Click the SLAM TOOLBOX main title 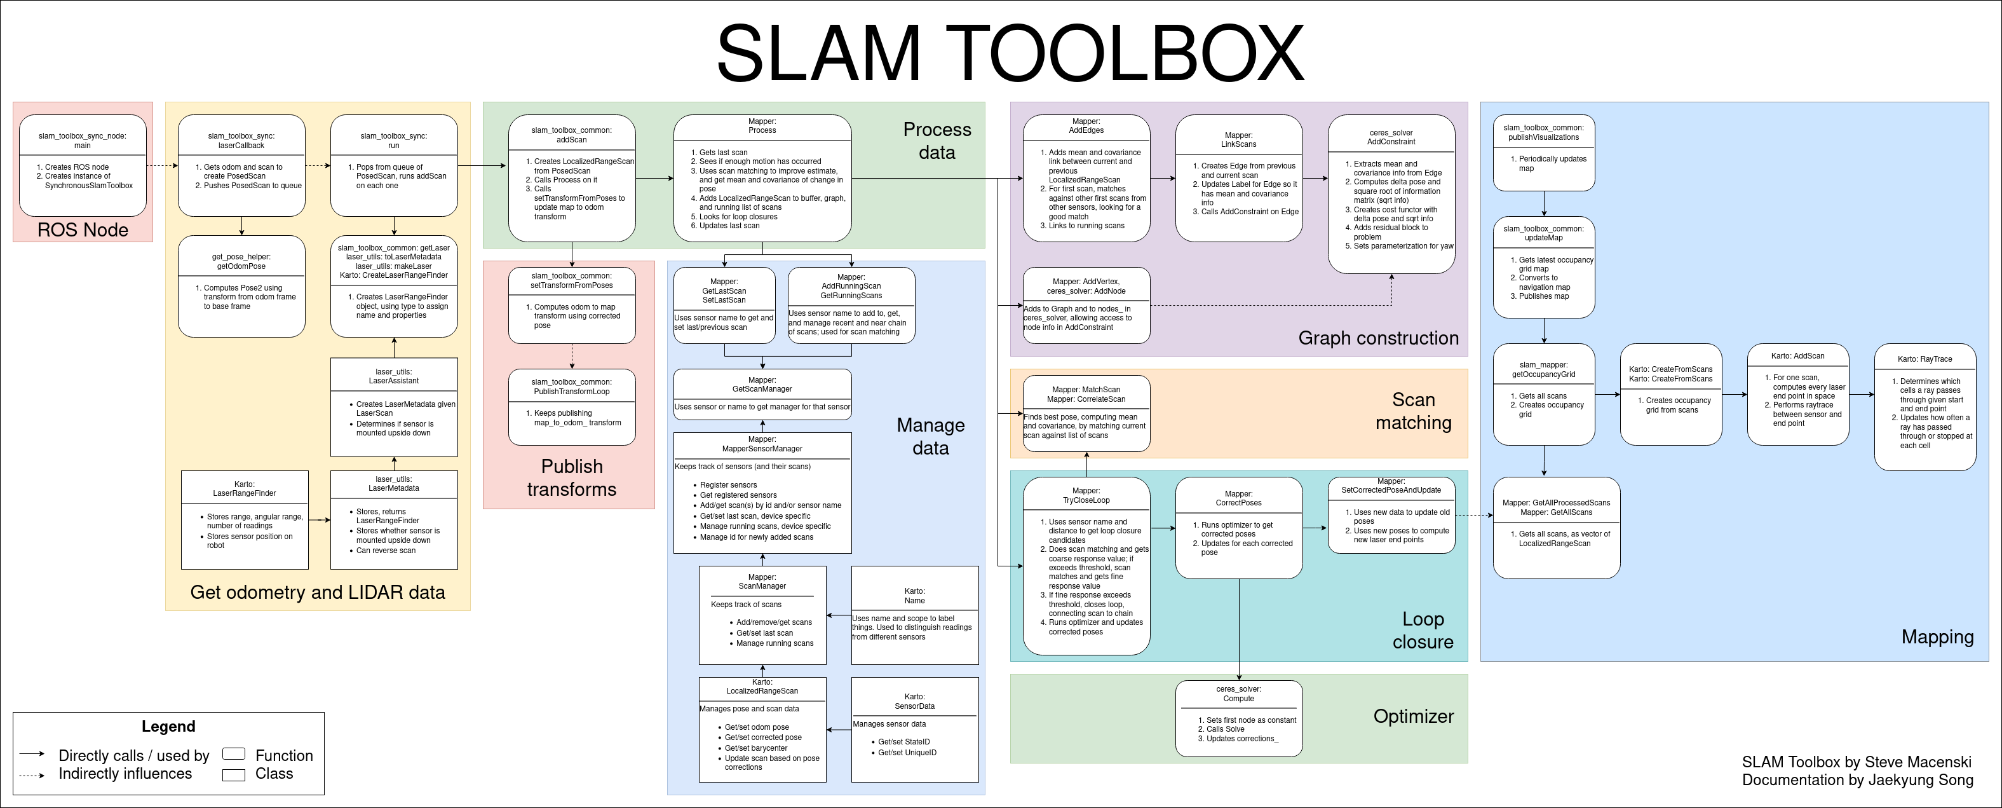point(1010,53)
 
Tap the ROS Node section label point(83,230)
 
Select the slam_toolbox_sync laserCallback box point(241,166)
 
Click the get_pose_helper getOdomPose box point(241,286)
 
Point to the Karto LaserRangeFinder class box point(244,519)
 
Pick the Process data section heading point(937,140)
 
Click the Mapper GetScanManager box point(762,394)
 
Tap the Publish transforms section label point(571,477)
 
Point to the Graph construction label point(1378,338)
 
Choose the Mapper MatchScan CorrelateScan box point(1086,413)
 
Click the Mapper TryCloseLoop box point(1086,565)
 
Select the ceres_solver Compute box point(1238,718)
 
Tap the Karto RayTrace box point(1924,407)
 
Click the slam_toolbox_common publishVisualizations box point(1543,153)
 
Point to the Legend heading point(168,727)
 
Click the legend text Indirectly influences point(125,774)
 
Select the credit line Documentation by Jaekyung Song point(1857,780)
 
